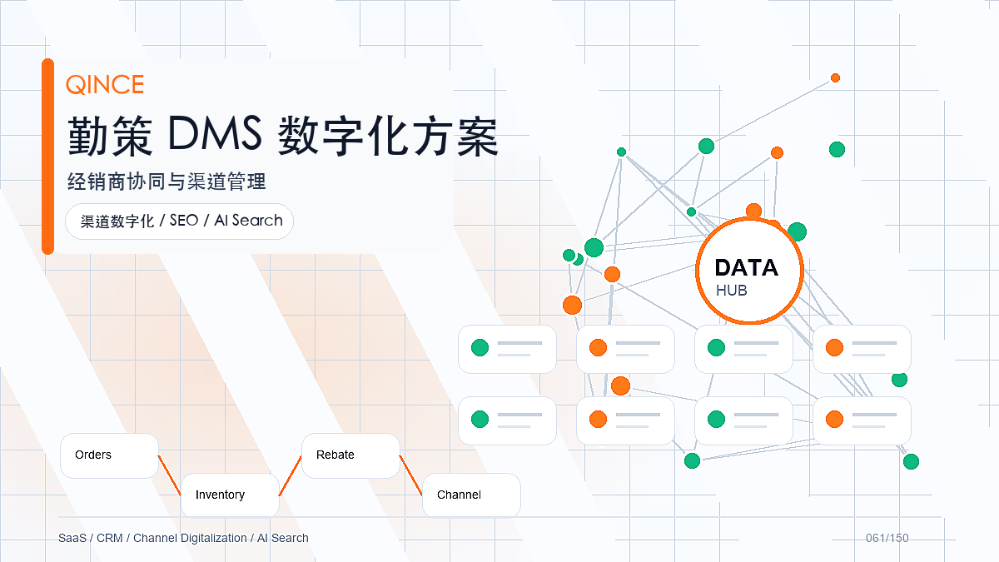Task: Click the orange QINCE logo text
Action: coord(105,84)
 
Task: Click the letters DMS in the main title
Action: coord(215,133)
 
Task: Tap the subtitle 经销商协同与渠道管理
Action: coord(166,182)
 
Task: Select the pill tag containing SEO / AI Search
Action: coord(179,221)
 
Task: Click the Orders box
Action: coord(109,455)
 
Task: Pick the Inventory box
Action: coord(230,495)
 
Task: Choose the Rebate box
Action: coord(350,455)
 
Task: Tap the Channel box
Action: coord(471,495)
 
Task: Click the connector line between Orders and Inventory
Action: coord(170,475)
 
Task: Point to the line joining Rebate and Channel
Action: coord(410,475)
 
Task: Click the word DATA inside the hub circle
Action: coord(747,267)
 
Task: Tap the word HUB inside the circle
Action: coord(732,291)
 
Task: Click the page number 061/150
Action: coord(887,538)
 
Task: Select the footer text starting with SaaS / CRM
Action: coord(183,538)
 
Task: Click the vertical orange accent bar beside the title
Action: coord(47,157)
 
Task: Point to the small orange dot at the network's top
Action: coord(835,78)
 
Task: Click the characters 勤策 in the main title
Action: coord(110,136)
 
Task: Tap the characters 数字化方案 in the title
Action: coord(388,136)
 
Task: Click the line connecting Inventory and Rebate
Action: coord(291,475)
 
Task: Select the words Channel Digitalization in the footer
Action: coord(190,538)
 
